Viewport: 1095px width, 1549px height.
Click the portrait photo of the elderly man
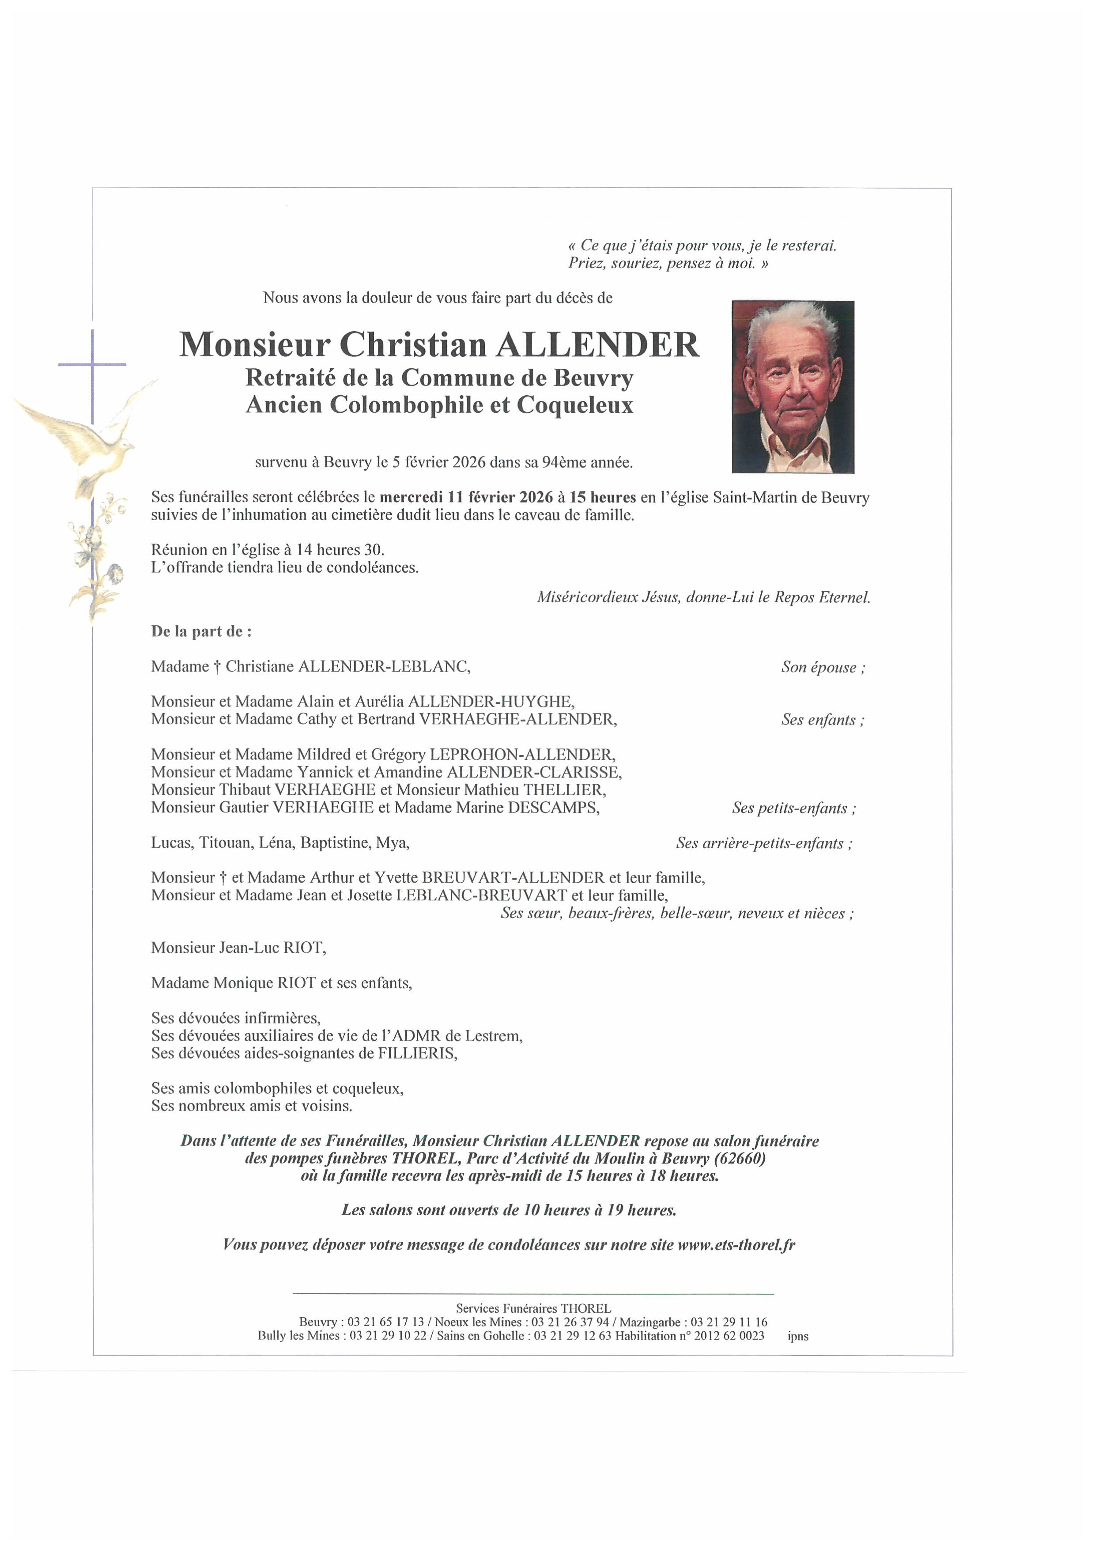click(793, 386)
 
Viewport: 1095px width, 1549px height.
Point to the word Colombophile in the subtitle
click(399, 405)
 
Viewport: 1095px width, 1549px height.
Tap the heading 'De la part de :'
click(201, 631)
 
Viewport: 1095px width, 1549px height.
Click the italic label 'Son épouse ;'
click(823, 667)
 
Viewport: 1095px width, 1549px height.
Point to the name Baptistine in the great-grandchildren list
click(335, 843)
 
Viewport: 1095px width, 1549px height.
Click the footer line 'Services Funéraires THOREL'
click(533, 1308)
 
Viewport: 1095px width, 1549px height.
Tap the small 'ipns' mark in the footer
click(797, 1337)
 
